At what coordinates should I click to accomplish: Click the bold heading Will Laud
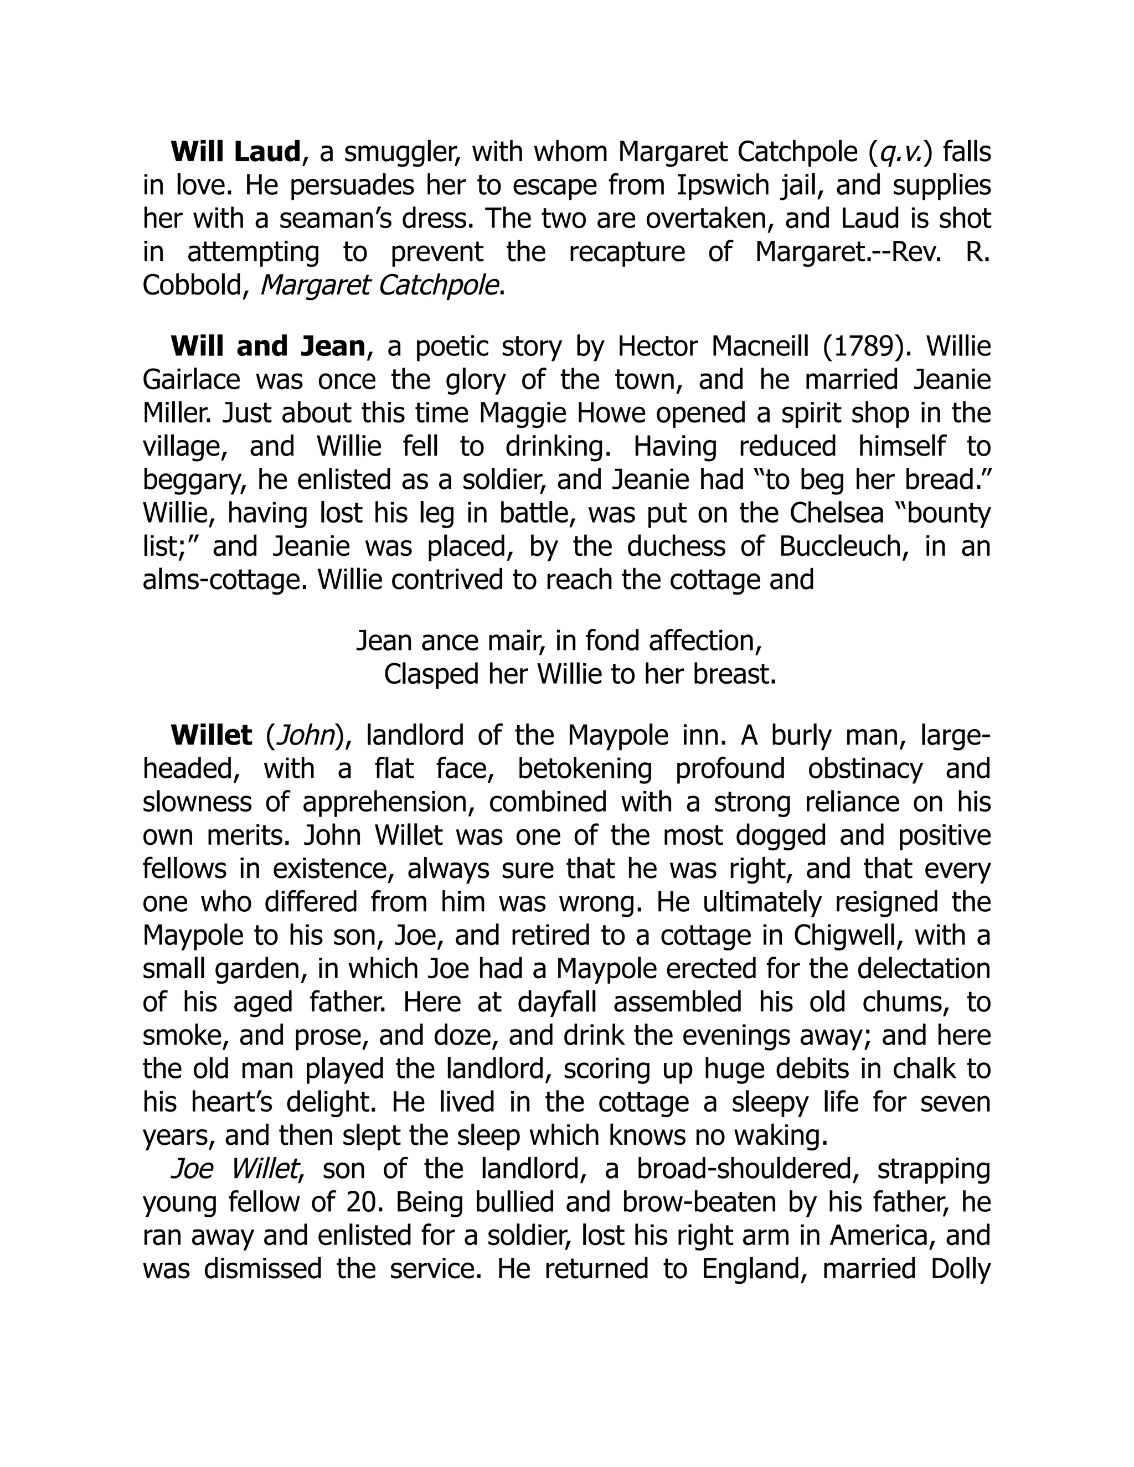tap(235, 152)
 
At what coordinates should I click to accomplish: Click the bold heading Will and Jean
tap(267, 347)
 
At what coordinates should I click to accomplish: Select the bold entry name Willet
tap(212, 736)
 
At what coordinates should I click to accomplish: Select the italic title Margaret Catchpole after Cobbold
tap(379, 286)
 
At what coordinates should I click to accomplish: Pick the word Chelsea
tap(829, 513)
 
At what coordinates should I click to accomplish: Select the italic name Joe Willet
tap(234, 1169)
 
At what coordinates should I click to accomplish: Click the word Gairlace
tap(192, 380)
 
